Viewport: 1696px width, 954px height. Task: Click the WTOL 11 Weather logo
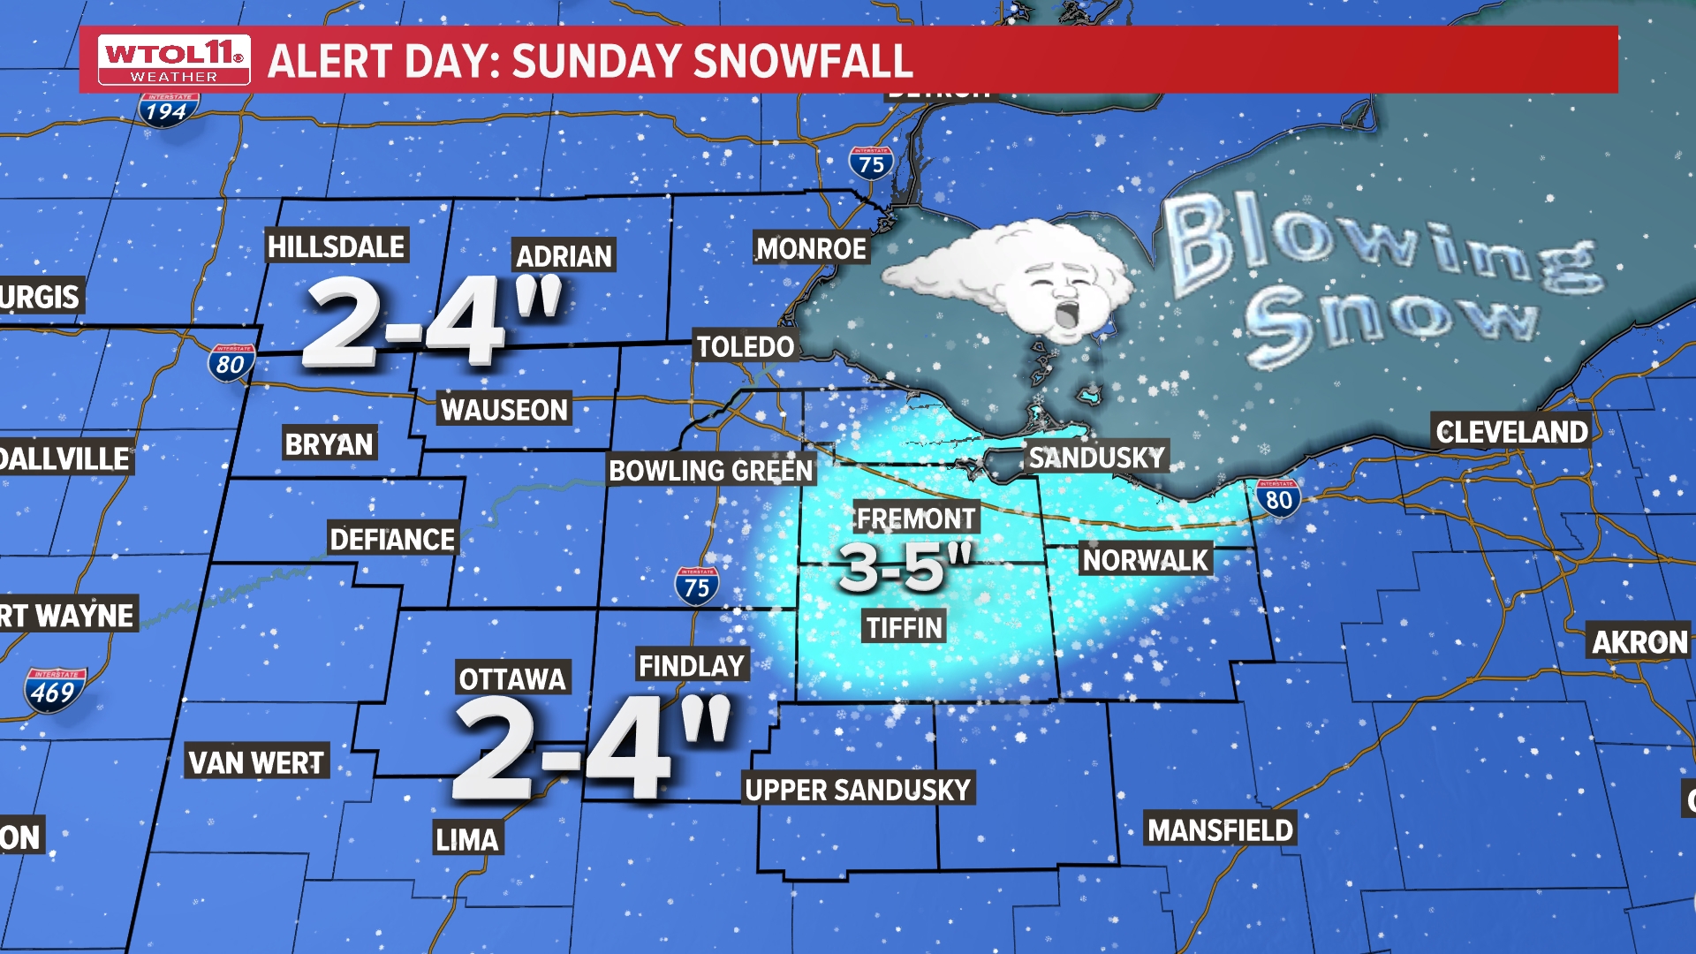click(174, 60)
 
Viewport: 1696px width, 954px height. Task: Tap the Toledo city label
click(746, 346)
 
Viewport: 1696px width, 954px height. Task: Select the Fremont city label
click(916, 519)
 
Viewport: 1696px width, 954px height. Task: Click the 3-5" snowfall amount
click(905, 566)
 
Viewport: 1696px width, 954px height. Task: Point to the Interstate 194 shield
click(167, 110)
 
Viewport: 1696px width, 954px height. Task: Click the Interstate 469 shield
click(55, 690)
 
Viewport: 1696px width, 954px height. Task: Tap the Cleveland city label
click(1511, 432)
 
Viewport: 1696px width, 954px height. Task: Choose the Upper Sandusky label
click(858, 790)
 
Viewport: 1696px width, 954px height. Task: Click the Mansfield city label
click(1220, 830)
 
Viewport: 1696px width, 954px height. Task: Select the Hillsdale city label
click(336, 246)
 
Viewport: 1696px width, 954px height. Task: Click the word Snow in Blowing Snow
click(1391, 322)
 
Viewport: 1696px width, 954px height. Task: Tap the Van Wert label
click(257, 761)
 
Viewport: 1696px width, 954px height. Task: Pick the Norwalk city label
click(1145, 560)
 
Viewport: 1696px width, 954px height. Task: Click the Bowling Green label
click(711, 471)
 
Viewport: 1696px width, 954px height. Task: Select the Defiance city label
click(392, 539)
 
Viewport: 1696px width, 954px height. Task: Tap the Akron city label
click(1639, 642)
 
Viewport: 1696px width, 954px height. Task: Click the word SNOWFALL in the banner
click(803, 61)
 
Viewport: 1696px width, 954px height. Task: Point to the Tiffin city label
click(905, 627)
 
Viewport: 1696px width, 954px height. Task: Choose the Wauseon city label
click(504, 410)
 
